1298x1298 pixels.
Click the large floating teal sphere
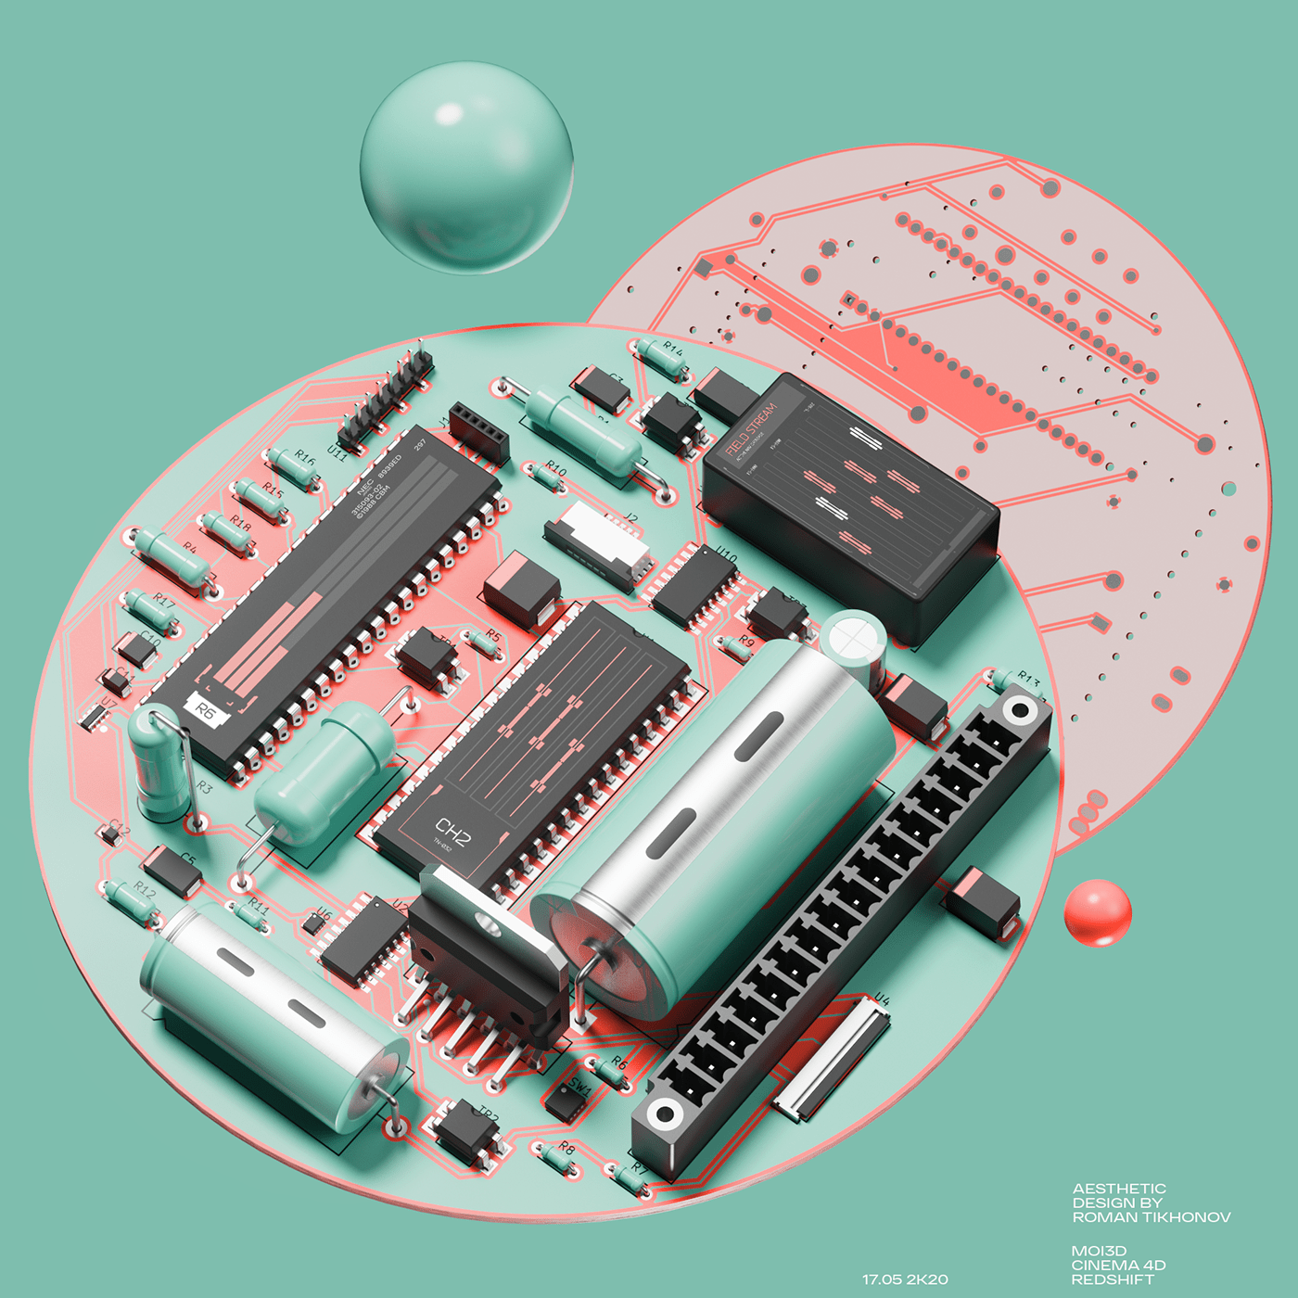(466, 168)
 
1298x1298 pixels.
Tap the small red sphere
(1098, 912)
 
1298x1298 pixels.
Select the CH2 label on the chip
(453, 832)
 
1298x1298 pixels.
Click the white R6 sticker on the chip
(207, 711)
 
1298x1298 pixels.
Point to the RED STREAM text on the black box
(751, 430)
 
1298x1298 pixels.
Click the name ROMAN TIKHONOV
(1152, 1217)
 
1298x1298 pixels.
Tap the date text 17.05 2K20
(905, 1279)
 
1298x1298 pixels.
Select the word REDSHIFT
(1113, 1279)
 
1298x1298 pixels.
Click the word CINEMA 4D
(1118, 1265)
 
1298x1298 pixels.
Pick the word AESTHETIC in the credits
(1119, 1189)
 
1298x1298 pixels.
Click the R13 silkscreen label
(1028, 680)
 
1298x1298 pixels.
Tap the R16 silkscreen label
(305, 456)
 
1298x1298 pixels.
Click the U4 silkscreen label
(881, 999)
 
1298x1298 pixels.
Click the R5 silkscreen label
(493, 636)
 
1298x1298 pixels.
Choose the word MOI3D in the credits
(1099, 1251)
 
